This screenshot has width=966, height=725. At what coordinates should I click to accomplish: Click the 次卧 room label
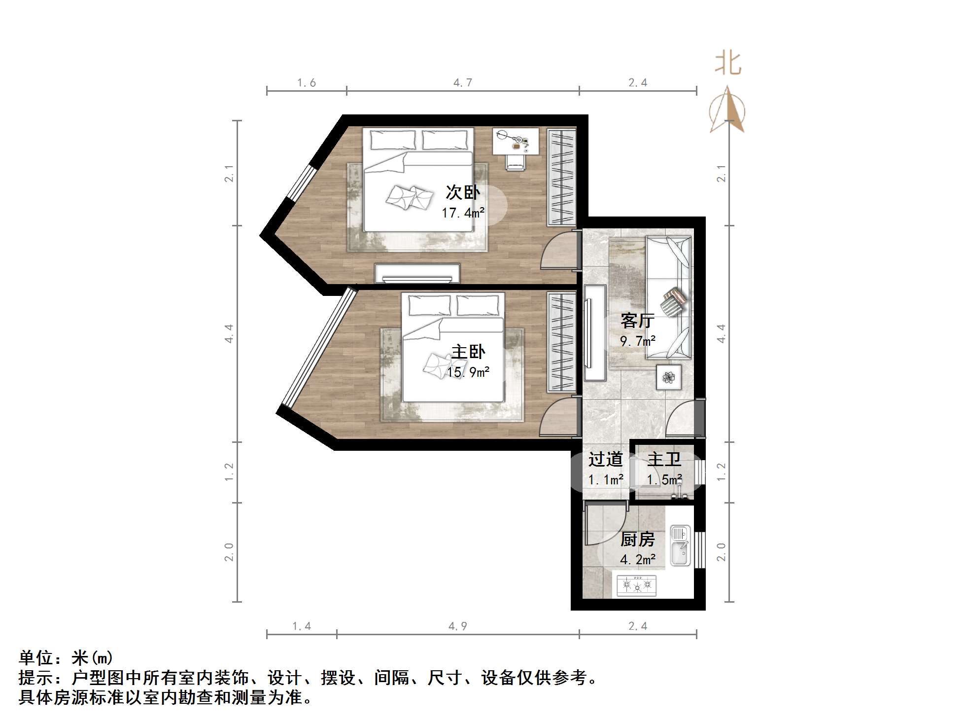click(x=462, y=192)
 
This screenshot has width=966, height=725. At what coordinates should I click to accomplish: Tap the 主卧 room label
click(x=468, y=352)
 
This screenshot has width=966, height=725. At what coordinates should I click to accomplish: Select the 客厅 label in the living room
click(x=637, y=321)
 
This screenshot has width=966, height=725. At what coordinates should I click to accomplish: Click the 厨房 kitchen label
click(x=637, y=539)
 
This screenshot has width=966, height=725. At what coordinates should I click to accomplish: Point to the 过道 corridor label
click(x=605, y=459)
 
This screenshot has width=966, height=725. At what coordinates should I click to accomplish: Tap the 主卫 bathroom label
click(x=664, y=459)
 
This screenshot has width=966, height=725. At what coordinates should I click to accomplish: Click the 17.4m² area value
click(x=463, y=213)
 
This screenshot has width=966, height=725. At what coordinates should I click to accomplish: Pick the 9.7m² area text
click(x=637, y=341)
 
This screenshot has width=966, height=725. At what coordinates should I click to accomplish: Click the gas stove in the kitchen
click(x=637, y=585)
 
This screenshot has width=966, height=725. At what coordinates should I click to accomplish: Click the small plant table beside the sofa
click(x=669, y=377)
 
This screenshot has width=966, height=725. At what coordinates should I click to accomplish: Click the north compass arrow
click(x=727, y=110)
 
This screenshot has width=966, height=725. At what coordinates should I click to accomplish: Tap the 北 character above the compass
click(x=728, y=64)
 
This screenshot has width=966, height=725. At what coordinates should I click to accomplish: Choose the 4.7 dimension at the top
click(x=463, y=83)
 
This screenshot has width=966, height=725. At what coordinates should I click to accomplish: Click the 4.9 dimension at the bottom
click(x=458, y=626)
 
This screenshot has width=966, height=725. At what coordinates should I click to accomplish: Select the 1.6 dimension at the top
click(x=306, y=83)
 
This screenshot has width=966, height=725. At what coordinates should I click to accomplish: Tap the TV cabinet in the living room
click(x=595, y=332)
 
